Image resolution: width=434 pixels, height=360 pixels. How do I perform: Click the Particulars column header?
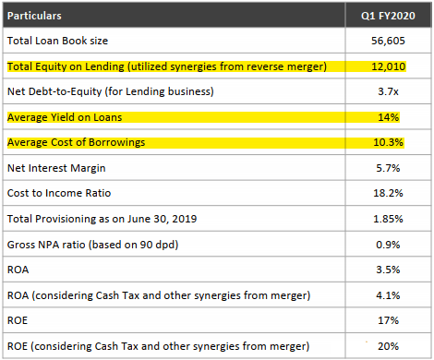[x=36, y=16]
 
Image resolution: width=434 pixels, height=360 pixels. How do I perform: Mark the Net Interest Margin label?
[x=57, y=169]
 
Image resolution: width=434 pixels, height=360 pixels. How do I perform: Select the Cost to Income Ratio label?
[x=61, y=194]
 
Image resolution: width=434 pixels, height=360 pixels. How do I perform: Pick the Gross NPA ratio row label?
[x=93, y=245]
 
